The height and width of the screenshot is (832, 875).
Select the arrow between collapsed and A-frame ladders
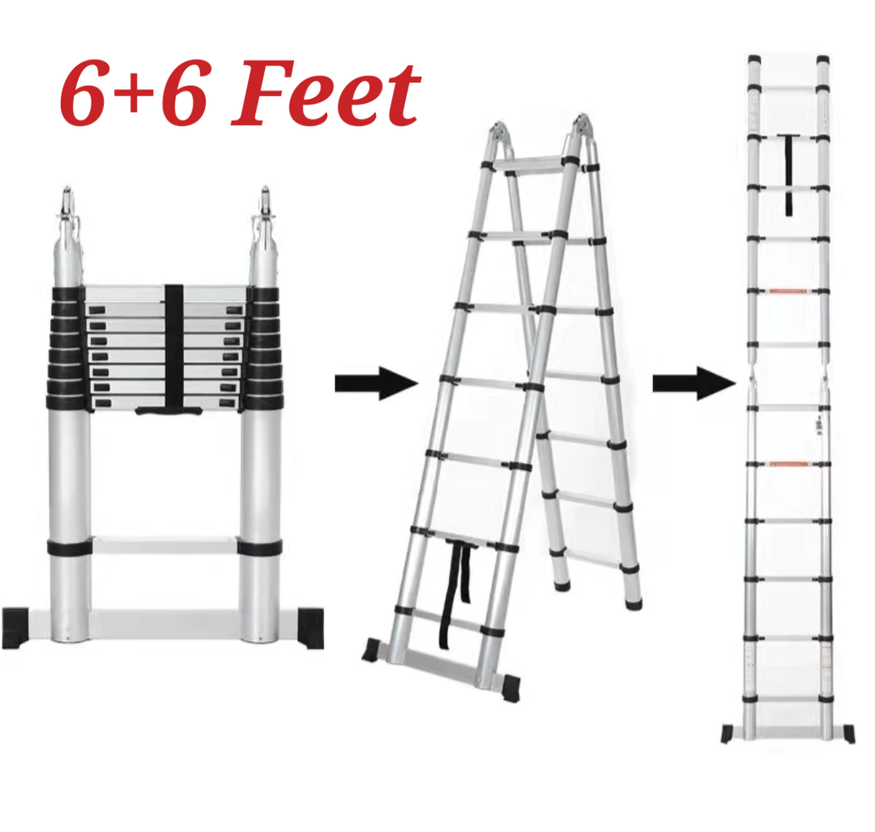pos(377,383)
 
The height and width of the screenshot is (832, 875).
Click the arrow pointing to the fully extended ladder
pos(694,383)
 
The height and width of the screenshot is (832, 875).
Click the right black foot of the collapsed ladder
pos(310,627)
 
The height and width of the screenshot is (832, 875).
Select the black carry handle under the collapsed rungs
pos(169,411)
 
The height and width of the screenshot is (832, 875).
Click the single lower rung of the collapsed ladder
pos(165,545)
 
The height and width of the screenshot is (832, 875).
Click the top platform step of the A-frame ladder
pos(531,164)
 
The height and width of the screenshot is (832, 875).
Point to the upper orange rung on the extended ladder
pos(788,290)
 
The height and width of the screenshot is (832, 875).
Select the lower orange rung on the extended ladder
pos(789,464)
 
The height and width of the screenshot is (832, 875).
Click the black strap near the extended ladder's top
pos(789,175)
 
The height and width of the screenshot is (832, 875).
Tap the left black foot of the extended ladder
pos(728,733)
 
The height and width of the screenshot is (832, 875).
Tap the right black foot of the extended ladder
pos(848,733)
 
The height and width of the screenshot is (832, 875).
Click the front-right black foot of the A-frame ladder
pos(511,688)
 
